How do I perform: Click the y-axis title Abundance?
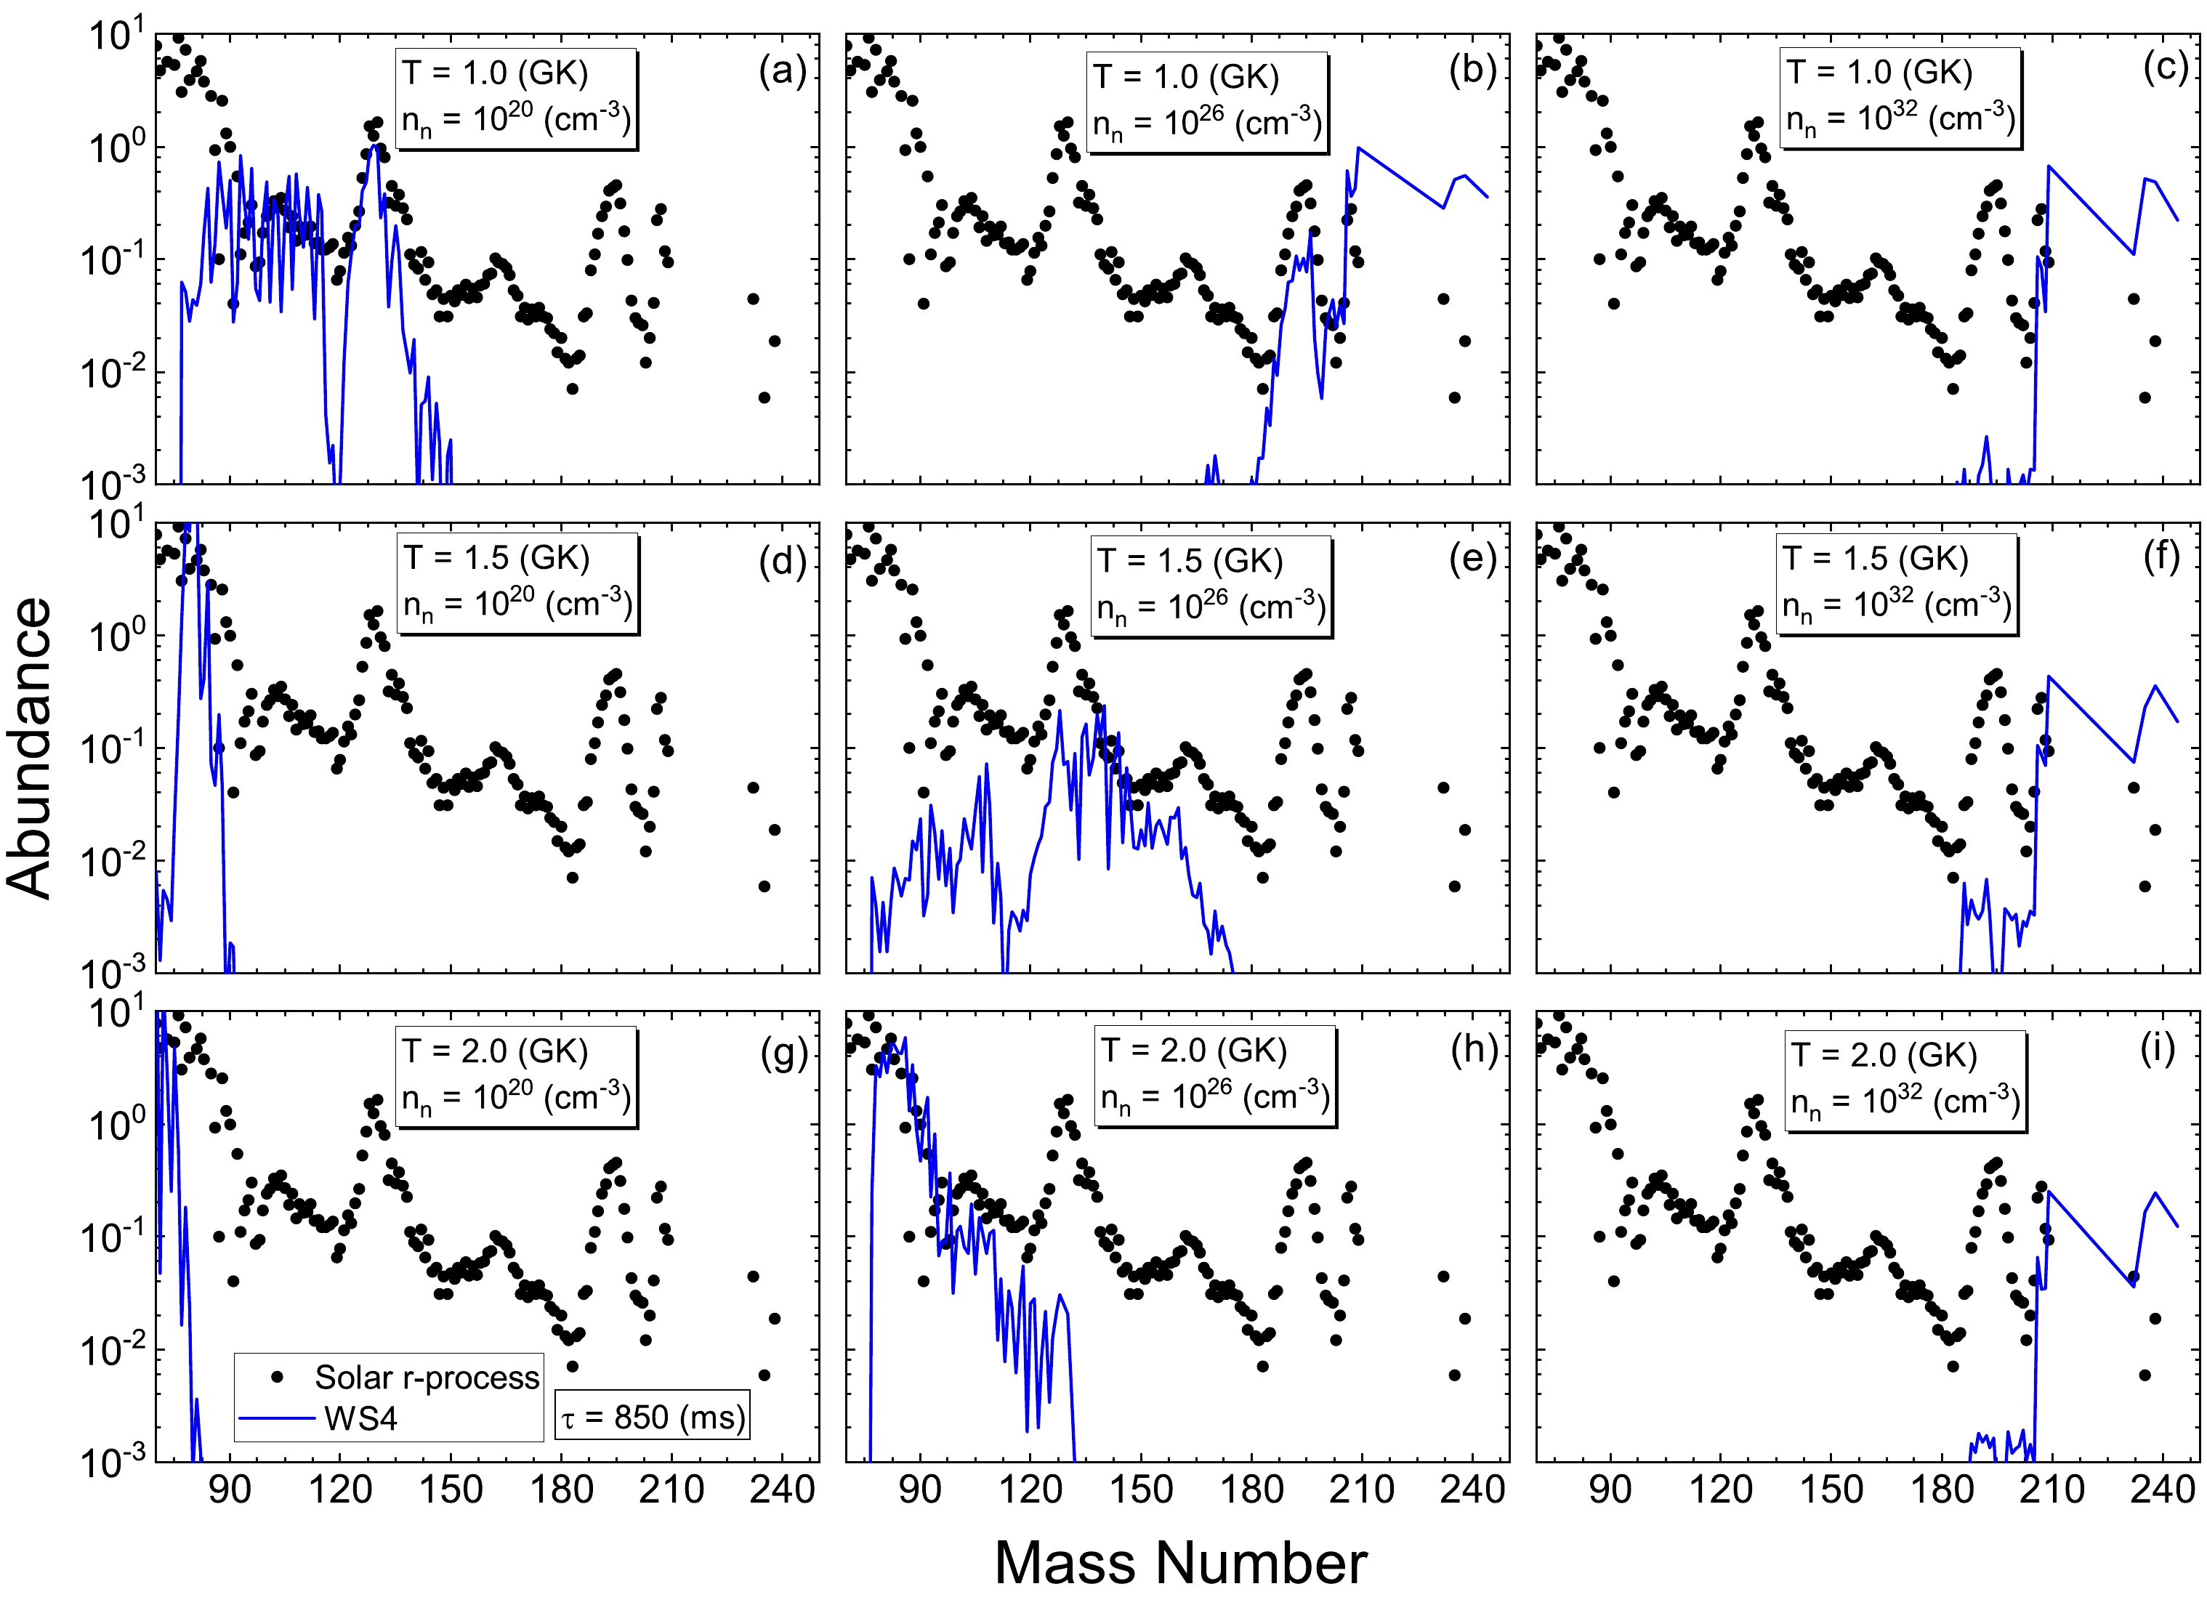[x=29, y=748]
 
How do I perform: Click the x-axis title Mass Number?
[x=1180, y=1563]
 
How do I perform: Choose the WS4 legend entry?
[x=360, y=1418]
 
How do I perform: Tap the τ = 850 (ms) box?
[x=652, y=1417]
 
